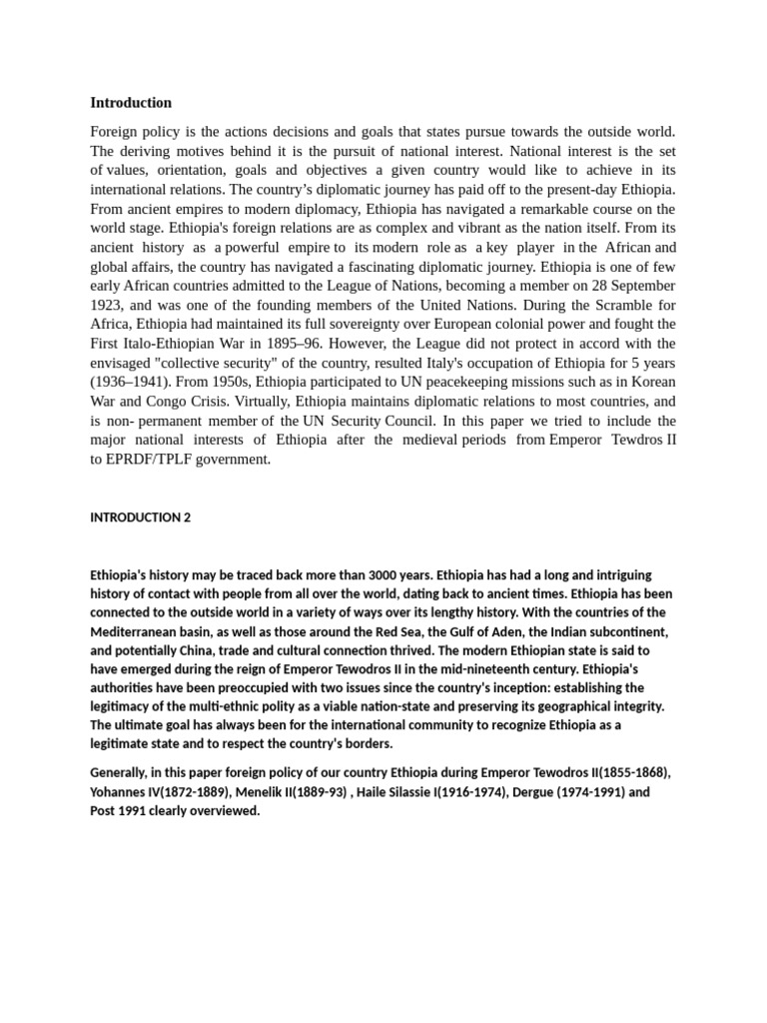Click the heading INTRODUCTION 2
(x=140, y=517)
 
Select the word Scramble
(x=622, y=305)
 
